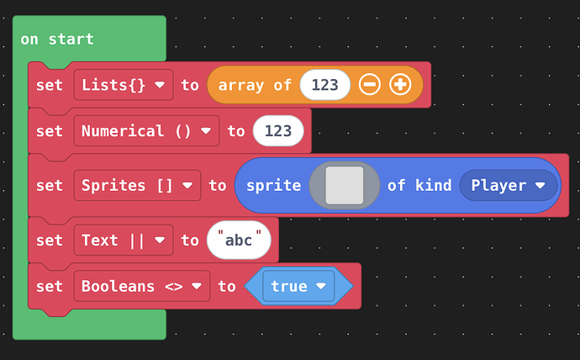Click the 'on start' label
click(57, 39)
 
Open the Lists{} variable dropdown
click(124, 85)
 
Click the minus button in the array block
click(369, 85)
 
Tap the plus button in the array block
click(400, 85)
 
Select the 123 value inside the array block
click(324, 85)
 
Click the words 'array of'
click(255, 86)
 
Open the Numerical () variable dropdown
click(146, 130)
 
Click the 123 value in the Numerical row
click(278, 130)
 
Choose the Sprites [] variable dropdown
click(137, 185)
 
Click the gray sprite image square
click(345, 185)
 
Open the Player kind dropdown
click(509, 185)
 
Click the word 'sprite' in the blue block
click(274, 186)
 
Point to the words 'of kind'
click(419, 185)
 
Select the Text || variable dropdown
click(124, 240)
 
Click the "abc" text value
click(239, 240)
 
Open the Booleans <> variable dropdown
click(142, 286)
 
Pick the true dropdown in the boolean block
click(298, 286)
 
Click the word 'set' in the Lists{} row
click(50, 85)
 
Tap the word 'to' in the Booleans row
click(227, 286)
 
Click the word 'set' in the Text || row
click(50, 241)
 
